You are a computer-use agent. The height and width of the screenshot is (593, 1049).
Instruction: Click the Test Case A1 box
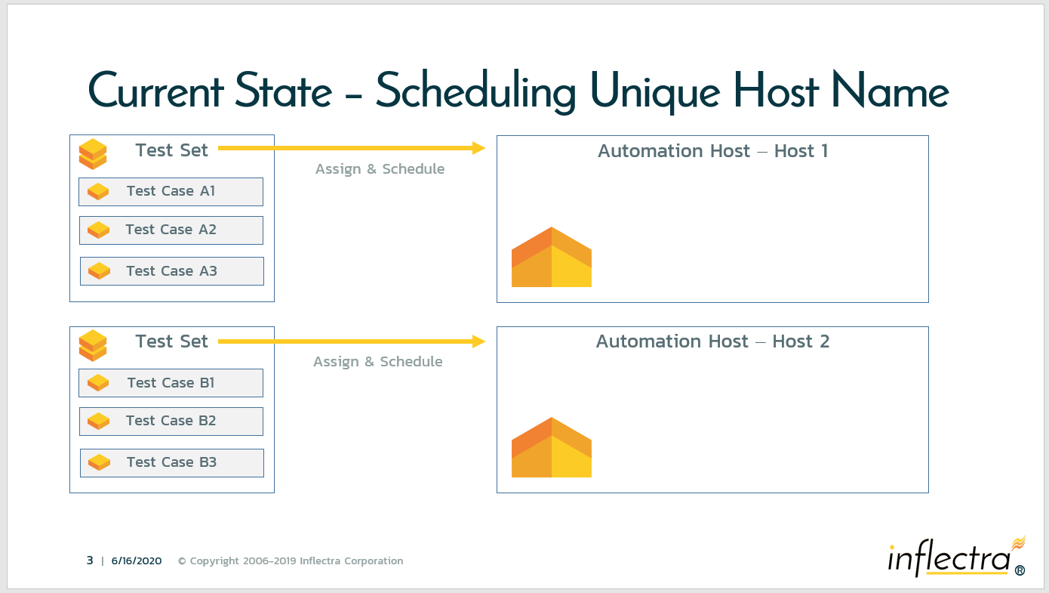[171, 192]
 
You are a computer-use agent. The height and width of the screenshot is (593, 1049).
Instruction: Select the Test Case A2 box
[171, 230]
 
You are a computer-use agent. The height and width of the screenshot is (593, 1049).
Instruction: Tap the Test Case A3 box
[172, 271]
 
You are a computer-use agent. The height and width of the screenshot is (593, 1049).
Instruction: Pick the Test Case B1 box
[171, 383]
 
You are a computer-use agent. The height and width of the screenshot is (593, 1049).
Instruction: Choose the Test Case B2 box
[171, 422]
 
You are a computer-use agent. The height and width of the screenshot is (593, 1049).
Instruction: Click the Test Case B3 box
[172, 463]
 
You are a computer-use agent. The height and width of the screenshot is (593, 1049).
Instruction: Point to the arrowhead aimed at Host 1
[479, 148]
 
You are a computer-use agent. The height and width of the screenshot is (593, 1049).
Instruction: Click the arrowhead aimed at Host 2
[479, 341]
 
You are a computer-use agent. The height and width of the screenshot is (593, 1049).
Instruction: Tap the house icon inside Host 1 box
[552, 257]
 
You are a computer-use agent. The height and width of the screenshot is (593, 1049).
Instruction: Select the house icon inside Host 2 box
[552, 447]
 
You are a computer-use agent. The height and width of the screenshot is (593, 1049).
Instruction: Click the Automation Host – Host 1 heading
[712, 151]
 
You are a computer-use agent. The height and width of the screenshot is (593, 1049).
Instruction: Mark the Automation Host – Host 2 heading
[712, 341]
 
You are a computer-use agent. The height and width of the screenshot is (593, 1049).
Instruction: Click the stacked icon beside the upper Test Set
[93, 154]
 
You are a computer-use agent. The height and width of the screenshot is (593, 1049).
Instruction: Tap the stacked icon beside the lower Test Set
[93, 345]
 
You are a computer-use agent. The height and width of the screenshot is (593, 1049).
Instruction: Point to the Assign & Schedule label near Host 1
[380, 168]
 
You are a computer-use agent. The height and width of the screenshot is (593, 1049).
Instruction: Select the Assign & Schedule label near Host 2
[378, 361]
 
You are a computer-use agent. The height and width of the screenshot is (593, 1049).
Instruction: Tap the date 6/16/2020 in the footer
[137, 561]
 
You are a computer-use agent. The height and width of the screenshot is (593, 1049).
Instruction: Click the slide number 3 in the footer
[90, 561]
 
